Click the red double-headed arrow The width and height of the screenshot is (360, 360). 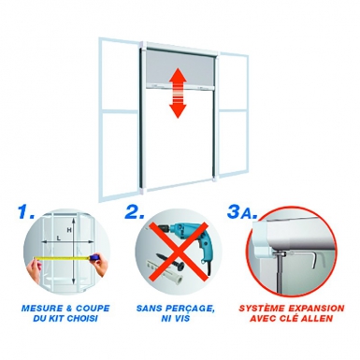coord(178,93)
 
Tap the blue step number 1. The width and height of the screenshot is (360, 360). coord(26,211)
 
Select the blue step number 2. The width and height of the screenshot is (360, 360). coord(135,211)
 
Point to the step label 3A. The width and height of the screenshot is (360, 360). coord(242,211)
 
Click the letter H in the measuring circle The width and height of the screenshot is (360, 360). coord(69,230)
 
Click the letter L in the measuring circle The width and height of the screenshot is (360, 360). coord(58,238)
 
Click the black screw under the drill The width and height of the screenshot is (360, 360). coord(172,261)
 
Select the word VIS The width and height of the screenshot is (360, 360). coord(182,319)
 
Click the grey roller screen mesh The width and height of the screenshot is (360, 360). coord(179,67)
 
